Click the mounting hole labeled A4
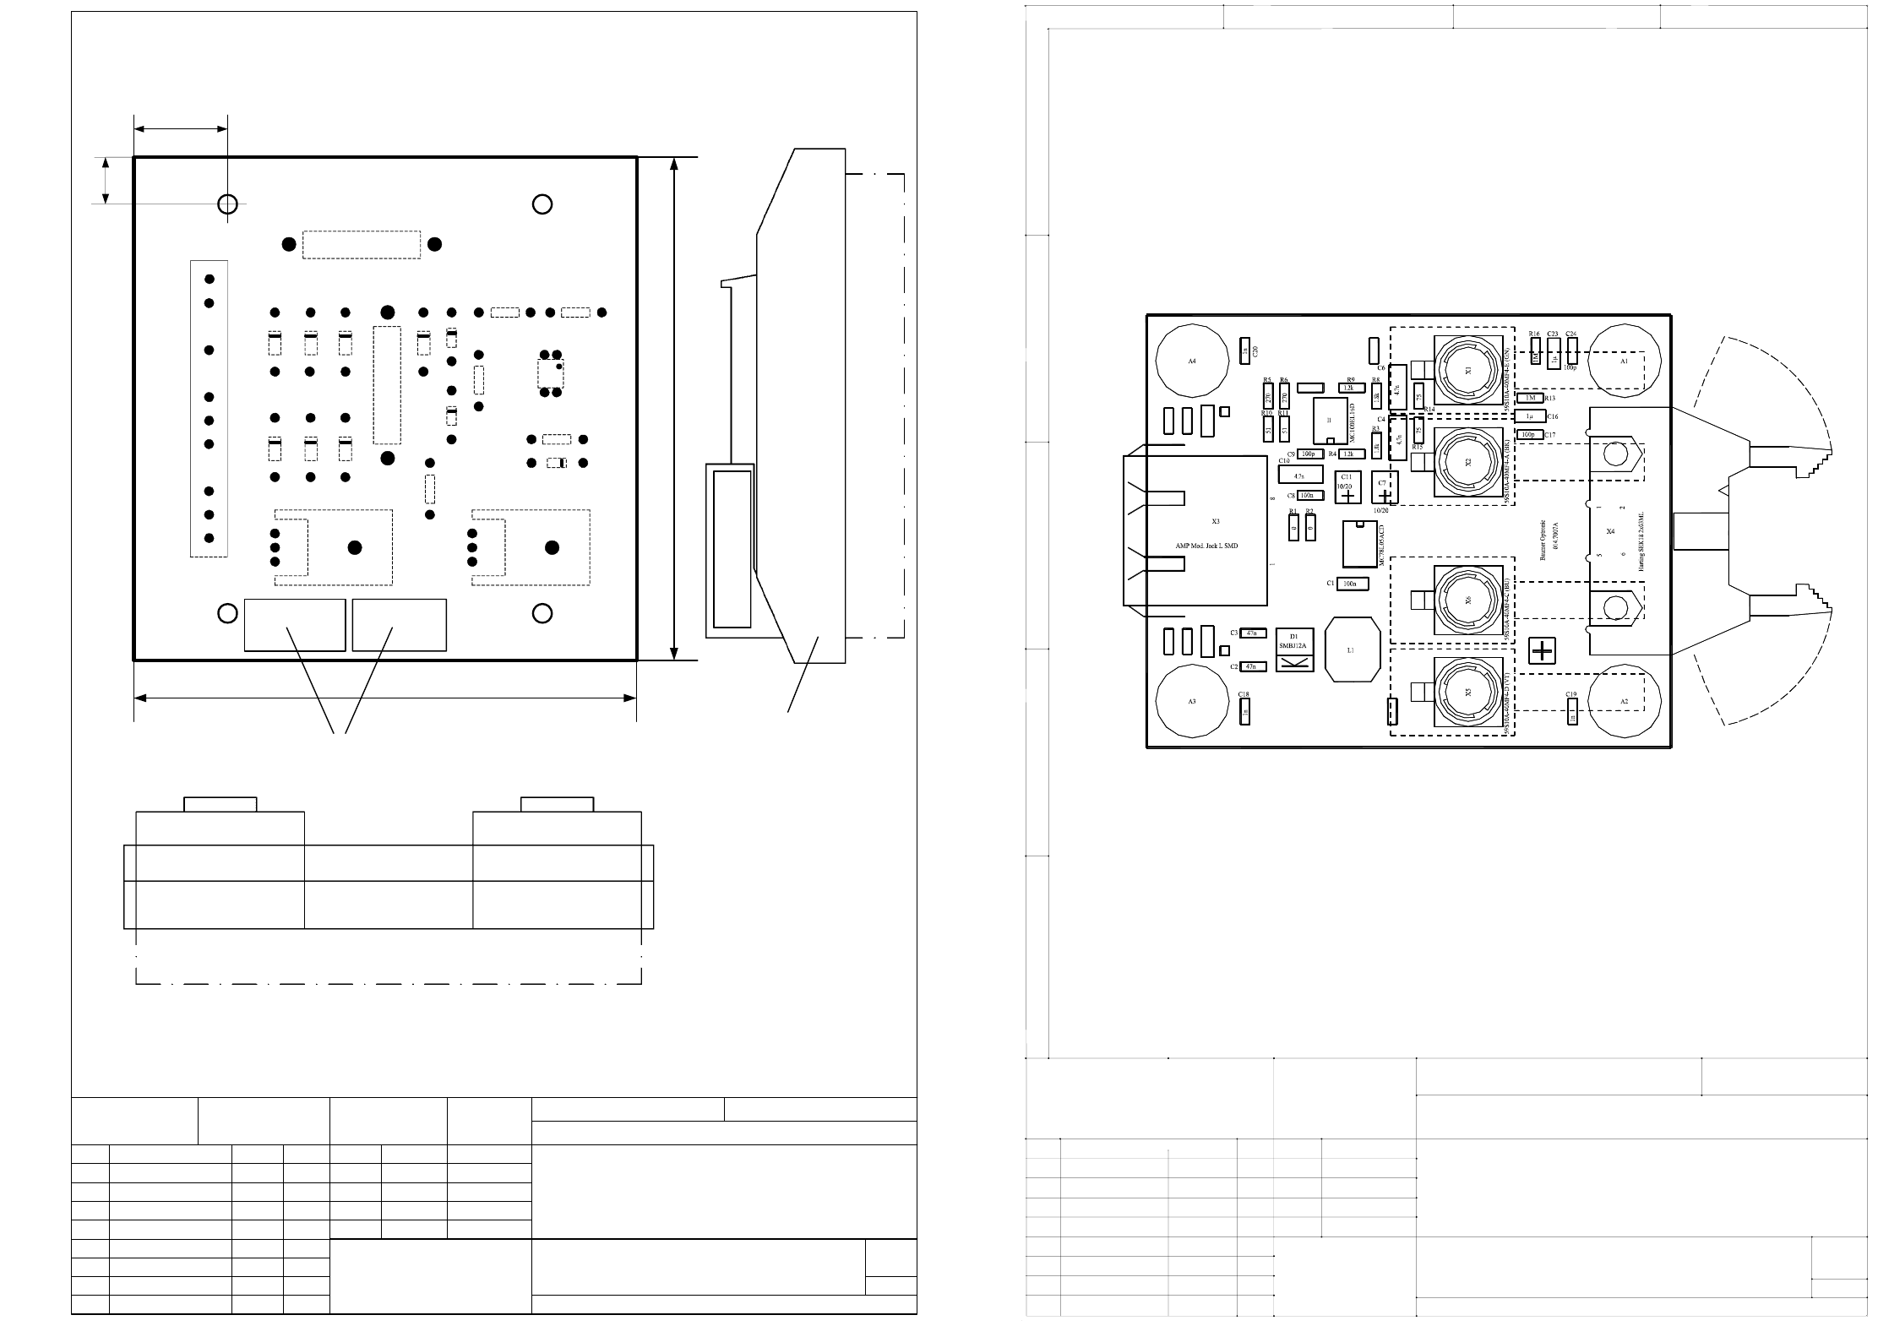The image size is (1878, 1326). click(x=1191, y=361)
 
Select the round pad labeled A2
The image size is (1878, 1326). click(x=1624, y=701)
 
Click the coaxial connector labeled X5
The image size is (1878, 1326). click(x=1467, y=691)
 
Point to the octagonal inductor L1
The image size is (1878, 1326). click(x=1350, y=649)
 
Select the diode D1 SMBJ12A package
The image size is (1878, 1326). click(x=1293, y=650)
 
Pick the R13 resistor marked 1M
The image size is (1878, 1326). click(x=1530, y=398)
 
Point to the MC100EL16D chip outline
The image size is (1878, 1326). click(x=1330, y=420)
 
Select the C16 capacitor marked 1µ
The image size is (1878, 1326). click(x=1530, y=416)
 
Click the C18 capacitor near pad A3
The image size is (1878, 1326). click(x=1244, y=713)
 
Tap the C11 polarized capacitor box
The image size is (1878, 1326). click(x=1347, y=487)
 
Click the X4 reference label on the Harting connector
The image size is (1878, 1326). click(x=1610, y=531)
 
